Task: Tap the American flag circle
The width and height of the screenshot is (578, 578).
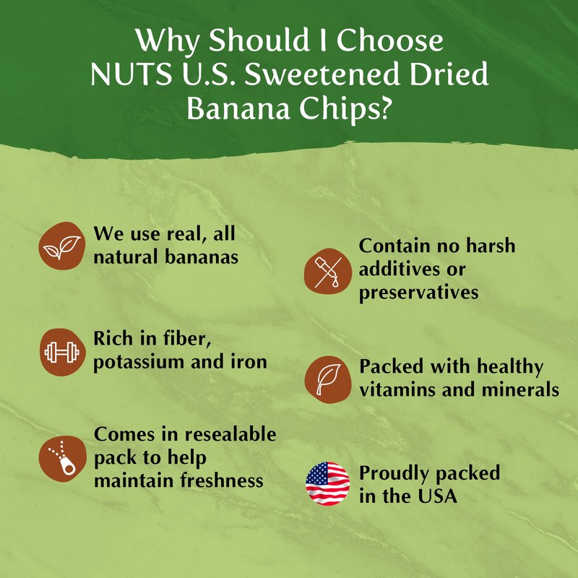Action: tap(327, 483)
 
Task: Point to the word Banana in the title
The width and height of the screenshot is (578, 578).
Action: tap(241, 109)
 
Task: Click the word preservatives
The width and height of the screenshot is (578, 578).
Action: tap(419, 292)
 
